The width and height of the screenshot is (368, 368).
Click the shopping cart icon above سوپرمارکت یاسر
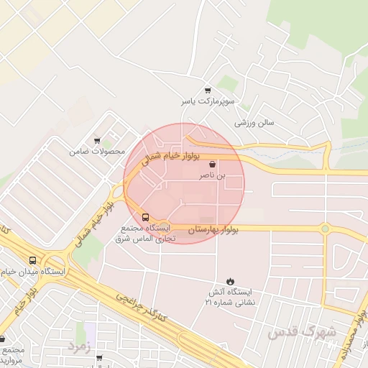[208, 91]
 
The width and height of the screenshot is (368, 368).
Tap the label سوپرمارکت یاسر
[208, 101]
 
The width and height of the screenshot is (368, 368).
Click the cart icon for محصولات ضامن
[97, 141]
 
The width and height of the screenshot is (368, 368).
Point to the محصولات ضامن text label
[97, 152]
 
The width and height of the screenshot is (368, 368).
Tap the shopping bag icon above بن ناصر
[212, 165]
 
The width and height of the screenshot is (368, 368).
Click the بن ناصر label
[212, 175]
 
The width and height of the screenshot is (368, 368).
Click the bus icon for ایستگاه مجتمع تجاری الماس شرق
[146, 216]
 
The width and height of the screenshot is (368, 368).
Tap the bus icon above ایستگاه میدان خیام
[32, 261]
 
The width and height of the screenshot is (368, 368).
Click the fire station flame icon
[230, 280]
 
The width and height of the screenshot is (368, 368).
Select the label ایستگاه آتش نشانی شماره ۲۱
[230, 297]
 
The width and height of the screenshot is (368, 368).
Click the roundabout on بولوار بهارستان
[325, 229]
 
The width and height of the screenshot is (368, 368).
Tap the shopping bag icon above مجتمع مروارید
[2, 339]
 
